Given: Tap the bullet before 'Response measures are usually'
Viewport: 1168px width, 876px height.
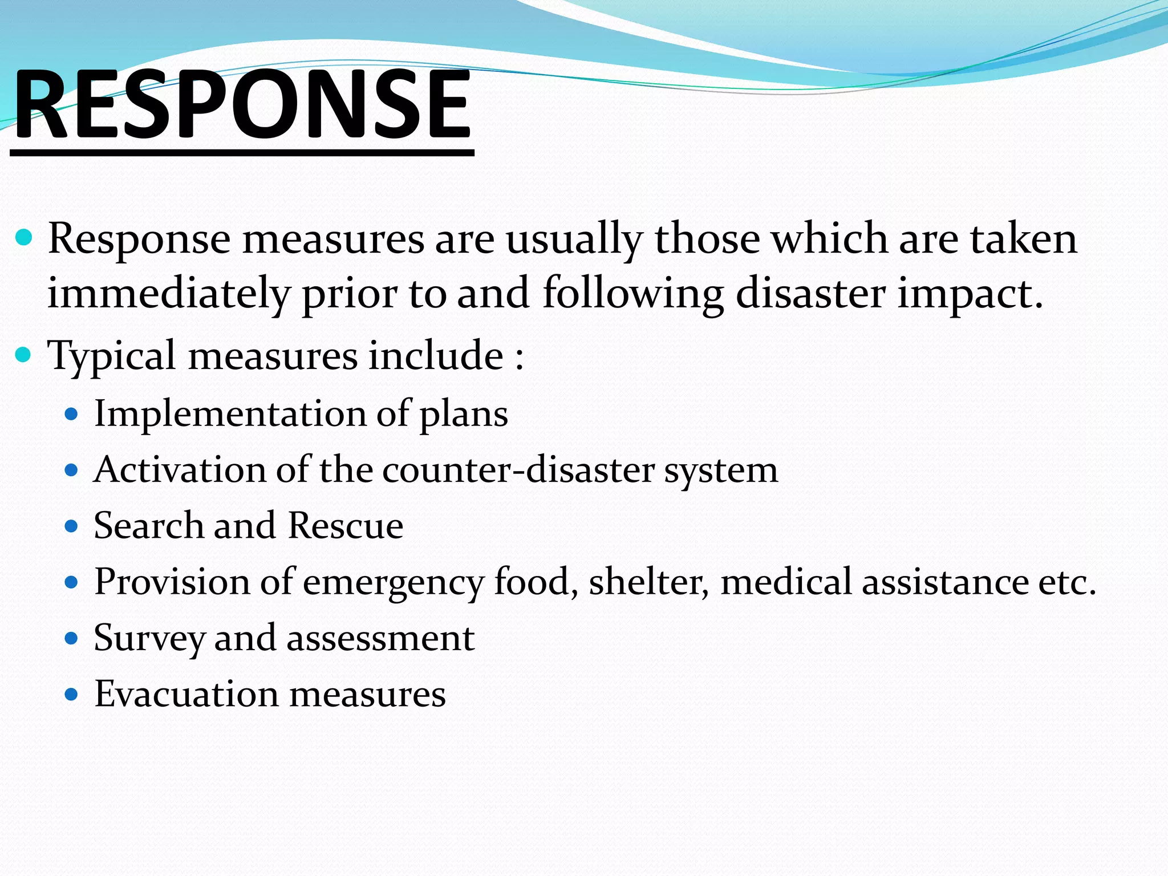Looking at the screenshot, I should coord(24,237).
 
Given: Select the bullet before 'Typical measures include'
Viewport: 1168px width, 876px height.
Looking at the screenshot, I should coord(24,355).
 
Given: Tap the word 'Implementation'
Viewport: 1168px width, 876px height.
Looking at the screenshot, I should coord(229,413).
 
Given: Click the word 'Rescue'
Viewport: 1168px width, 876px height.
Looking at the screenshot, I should coord(346,525).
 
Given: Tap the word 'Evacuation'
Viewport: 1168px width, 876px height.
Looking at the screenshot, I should coord(185,694).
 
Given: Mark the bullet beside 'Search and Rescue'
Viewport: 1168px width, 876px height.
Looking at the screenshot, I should coord(71,525).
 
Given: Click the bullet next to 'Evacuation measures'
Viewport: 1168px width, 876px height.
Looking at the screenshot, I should coord(71,694).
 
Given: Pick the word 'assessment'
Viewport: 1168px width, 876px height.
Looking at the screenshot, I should coord(380,638).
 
